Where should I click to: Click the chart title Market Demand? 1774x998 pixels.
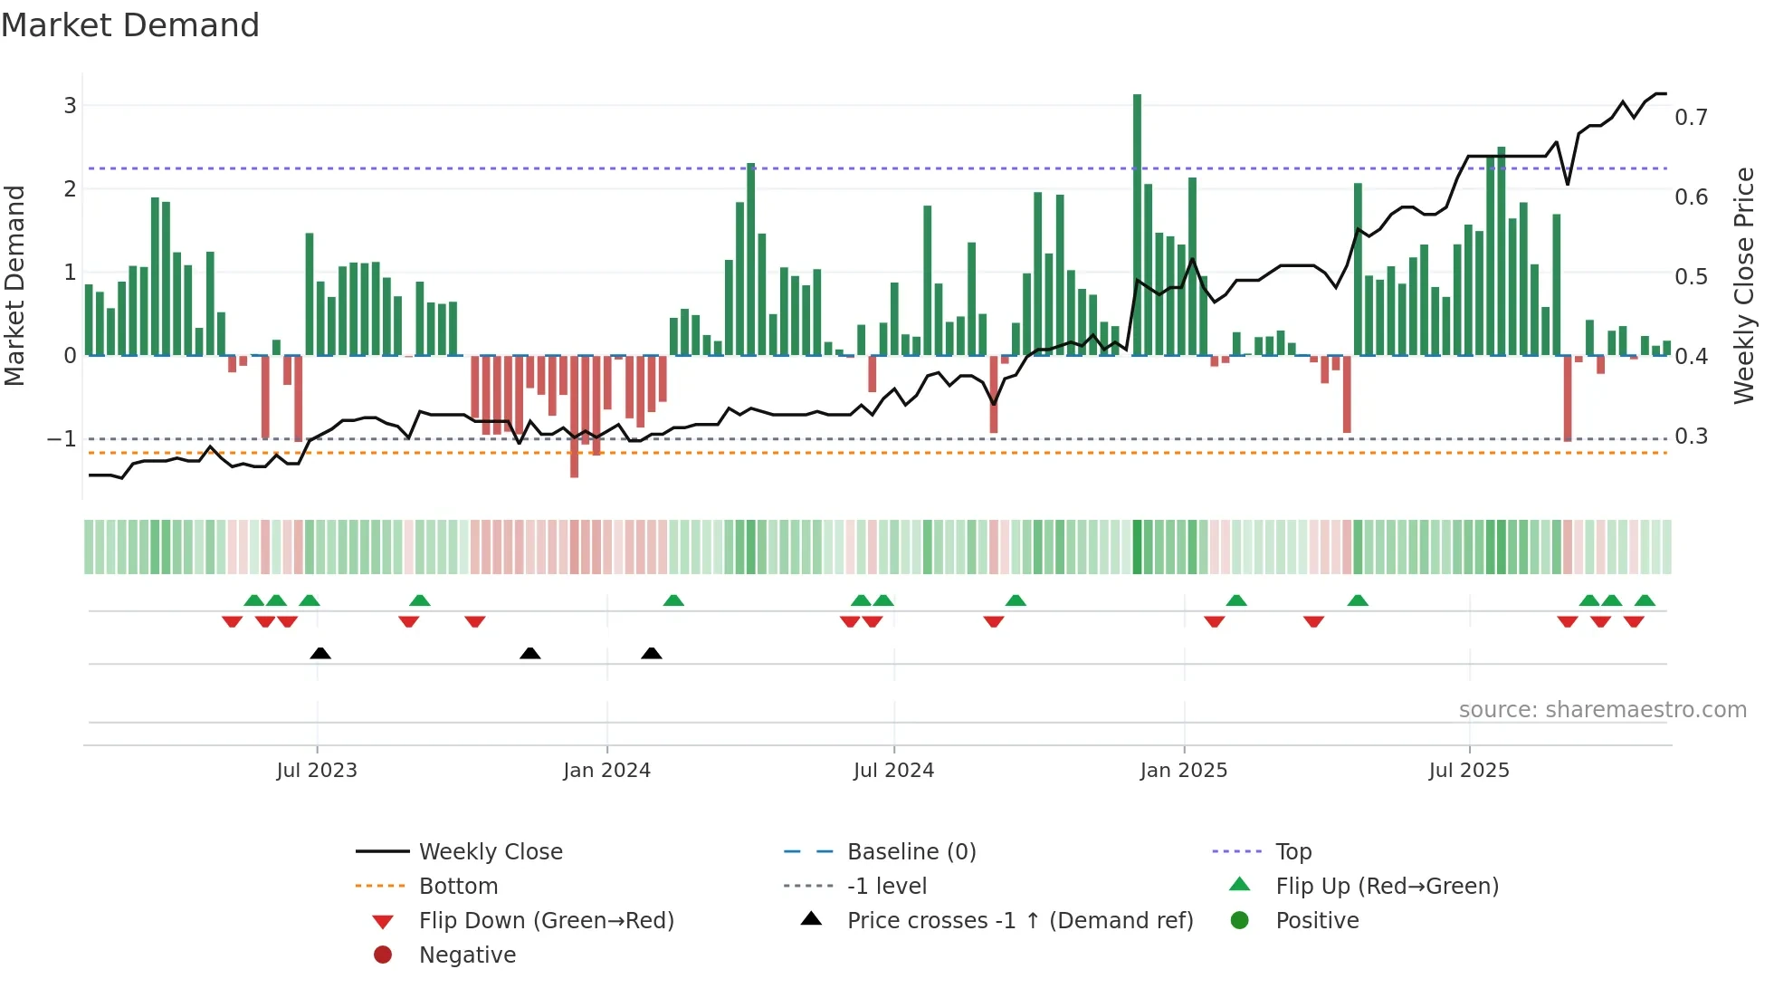[130, 25]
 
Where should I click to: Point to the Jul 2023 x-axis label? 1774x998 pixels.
[317, 771]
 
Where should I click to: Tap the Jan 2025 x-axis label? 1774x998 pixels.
[1183, 771]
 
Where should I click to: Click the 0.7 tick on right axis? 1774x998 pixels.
[1690, 118]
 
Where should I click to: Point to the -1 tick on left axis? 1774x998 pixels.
[62, 439]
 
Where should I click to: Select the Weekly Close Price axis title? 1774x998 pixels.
[1743, 285]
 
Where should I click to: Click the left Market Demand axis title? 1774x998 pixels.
[14, 285]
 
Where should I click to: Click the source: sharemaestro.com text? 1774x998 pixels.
[1602, 710]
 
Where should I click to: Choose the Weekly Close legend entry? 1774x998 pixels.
[490, 852]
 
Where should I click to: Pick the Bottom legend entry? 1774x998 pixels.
[458, 887]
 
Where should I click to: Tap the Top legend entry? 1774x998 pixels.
[1292, 852]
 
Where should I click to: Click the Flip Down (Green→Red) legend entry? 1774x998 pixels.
[546, 921]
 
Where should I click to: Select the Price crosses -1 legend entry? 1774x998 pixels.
[1019, 921]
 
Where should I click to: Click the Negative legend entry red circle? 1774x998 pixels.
[383, 955]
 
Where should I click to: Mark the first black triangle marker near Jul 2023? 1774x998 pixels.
[320, 654]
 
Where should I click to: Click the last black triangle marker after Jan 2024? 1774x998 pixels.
[652, 654]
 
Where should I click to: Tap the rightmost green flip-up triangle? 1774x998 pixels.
[1645, 601]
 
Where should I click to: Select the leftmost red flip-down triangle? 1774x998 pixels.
[232, 621]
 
